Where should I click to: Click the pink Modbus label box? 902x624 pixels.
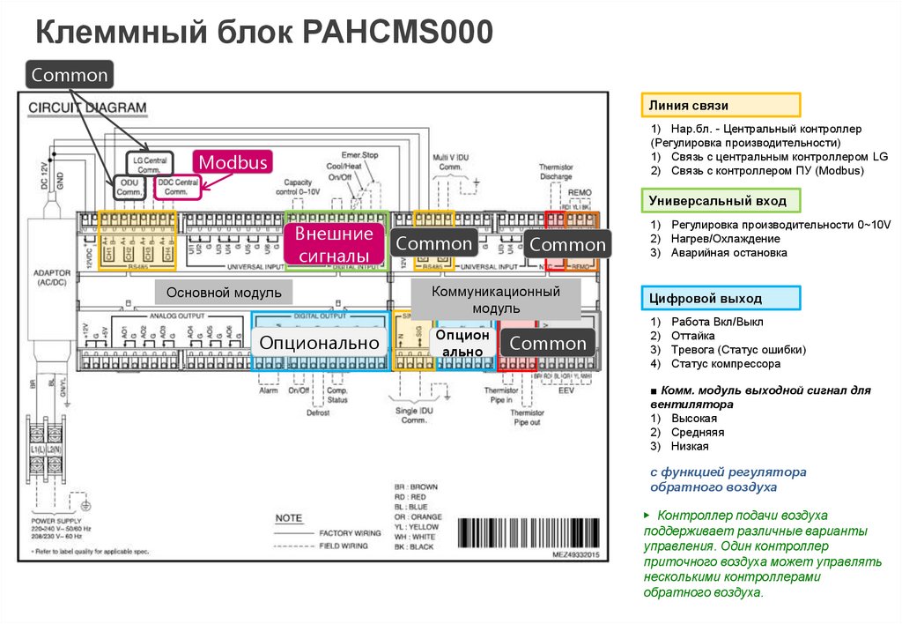233,162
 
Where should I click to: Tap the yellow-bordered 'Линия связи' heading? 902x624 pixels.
720,105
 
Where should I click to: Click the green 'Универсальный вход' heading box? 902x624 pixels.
720,201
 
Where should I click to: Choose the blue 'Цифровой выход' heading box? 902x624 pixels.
720,298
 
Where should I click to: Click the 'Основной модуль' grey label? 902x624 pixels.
224,292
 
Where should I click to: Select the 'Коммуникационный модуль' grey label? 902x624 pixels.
497,300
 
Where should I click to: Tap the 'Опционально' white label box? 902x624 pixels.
320,343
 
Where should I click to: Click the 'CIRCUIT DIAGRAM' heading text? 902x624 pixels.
88,108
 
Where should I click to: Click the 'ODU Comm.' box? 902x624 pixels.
129,187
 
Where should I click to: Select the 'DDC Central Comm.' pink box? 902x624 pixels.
177,187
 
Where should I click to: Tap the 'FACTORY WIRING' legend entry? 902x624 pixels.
350,533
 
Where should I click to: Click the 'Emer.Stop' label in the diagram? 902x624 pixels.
360,155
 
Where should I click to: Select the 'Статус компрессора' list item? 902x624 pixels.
725,363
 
